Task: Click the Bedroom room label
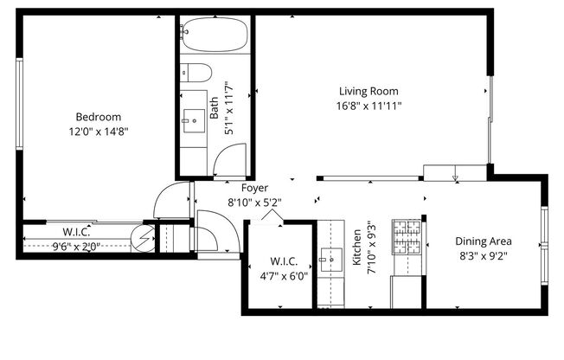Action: tap(98, 117)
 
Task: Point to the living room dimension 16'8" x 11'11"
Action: tap(369, 105)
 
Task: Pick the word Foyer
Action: tap(254, 187)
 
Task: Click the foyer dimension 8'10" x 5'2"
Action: tap(254, 202)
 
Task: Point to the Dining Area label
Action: tap(484, 241)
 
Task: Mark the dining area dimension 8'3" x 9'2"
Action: tap(484, 255)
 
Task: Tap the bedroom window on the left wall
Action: tap(19, 103)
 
